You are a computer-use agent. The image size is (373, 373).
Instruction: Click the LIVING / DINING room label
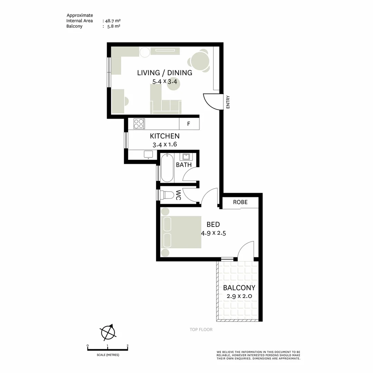pos(164,73)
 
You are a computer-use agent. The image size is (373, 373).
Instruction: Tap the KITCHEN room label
pos(164,136)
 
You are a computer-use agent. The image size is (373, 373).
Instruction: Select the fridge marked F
pos(189,124)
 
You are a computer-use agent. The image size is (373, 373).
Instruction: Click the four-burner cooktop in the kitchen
pos(139,124)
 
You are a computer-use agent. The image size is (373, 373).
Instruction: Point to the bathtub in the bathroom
pos(167,168)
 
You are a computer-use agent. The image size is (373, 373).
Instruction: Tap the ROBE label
pos(240,202)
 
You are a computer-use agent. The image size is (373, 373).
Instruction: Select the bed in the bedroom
pos(181,232)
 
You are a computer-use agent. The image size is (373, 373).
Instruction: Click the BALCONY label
pos(239,288)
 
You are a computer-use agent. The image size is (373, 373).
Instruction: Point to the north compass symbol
pos(108,332)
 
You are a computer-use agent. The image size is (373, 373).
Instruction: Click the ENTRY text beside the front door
pos(228,102)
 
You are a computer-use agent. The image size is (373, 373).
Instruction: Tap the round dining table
pos(200,61)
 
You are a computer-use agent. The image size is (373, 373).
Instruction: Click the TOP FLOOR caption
pos(201,329)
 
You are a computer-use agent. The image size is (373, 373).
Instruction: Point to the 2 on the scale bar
pos(128,345)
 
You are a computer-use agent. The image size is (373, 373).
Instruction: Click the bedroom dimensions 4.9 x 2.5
pos(213,233)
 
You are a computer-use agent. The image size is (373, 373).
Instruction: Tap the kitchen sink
pos(149,154)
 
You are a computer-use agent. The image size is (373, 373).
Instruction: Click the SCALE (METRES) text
pos(108,355)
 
